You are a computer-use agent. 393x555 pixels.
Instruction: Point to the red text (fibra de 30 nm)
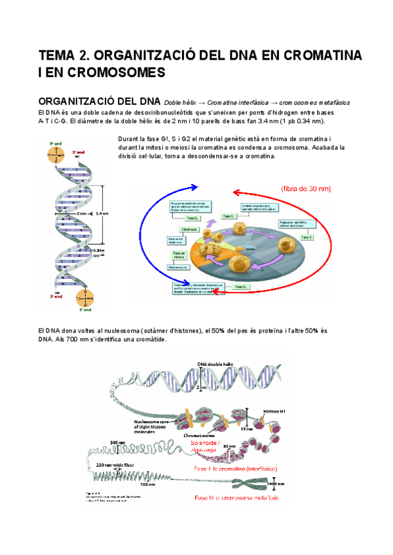point(305,188)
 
